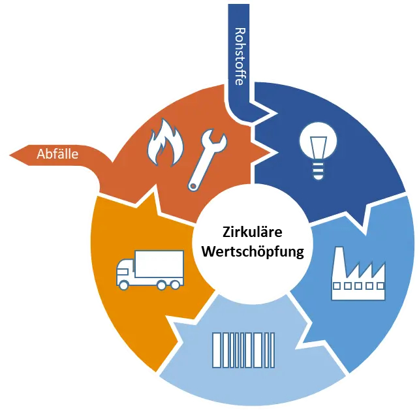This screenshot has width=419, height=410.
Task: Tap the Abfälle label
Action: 57,155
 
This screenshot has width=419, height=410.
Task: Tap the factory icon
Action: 358,274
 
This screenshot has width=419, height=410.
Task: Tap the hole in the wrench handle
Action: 193,185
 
